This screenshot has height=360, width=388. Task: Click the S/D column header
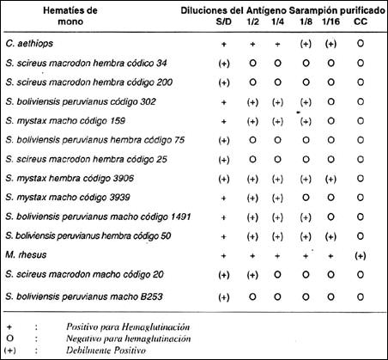(x=224, y=21)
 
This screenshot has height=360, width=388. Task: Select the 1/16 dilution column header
(x=330, y=21)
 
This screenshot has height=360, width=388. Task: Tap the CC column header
(x=361, y=21)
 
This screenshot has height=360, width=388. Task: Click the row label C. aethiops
(x=29, y=44)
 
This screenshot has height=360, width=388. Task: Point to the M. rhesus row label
(x=26, y=255)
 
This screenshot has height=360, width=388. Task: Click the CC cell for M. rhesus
(x=361, y=256)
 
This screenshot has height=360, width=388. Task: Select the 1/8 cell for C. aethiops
(x=306, y=44)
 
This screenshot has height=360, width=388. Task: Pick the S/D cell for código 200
(x=224, y=82)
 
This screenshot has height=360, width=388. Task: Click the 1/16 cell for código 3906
(x=330, y=179)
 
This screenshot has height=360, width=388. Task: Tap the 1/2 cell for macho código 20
(x=252, y=275)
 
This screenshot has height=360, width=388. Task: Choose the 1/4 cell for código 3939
(x=277, y=198)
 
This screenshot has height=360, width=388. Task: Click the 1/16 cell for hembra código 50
(x=330, y=236)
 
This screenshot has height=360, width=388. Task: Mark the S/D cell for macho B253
(x=224, y=297)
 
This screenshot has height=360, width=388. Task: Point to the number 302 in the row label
(x=149, y=101)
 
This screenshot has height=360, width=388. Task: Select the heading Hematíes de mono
(x=70, y=16)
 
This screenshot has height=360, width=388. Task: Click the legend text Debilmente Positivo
(x=106, y=350)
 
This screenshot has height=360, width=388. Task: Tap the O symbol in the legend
(x=9, y=339)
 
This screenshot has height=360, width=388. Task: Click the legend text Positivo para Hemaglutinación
(x=128, y=326)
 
